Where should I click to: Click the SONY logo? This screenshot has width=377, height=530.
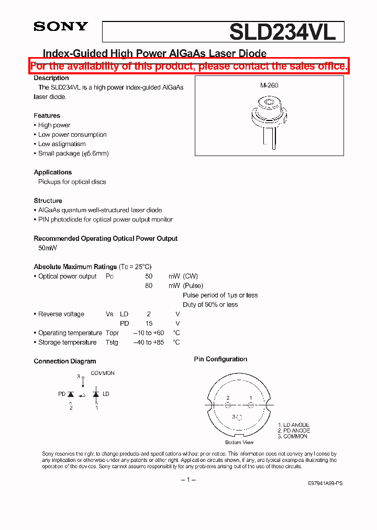(x=61, y=27)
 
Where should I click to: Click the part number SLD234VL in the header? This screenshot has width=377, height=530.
(x=286, y=32)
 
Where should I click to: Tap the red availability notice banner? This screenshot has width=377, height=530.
(x=189, y=66)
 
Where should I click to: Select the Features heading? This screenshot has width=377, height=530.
(x=47, y=116)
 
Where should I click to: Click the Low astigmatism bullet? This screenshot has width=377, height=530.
(x=61, y=144)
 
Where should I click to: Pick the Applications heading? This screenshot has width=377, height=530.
(x=53, y=172)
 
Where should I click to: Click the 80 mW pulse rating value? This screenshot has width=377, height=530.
(x=149, y=286)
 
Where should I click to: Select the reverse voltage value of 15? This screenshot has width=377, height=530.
(x=149, y=324)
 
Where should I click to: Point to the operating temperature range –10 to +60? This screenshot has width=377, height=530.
(x=149, y=333)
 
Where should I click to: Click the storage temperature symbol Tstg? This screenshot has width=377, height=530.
(x=112, y=343)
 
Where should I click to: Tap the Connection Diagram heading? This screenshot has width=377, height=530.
(x=65, y=361)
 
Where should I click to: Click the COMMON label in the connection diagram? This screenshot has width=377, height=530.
(x=103, y=373)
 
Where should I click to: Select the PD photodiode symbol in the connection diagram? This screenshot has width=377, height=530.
(x=71, y=394)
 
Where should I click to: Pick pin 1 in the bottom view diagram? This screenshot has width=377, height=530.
(x=251, y=405)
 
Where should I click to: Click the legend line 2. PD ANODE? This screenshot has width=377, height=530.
(x=294, y=430)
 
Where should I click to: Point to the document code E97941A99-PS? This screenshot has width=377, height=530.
(x=325, y=483)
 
